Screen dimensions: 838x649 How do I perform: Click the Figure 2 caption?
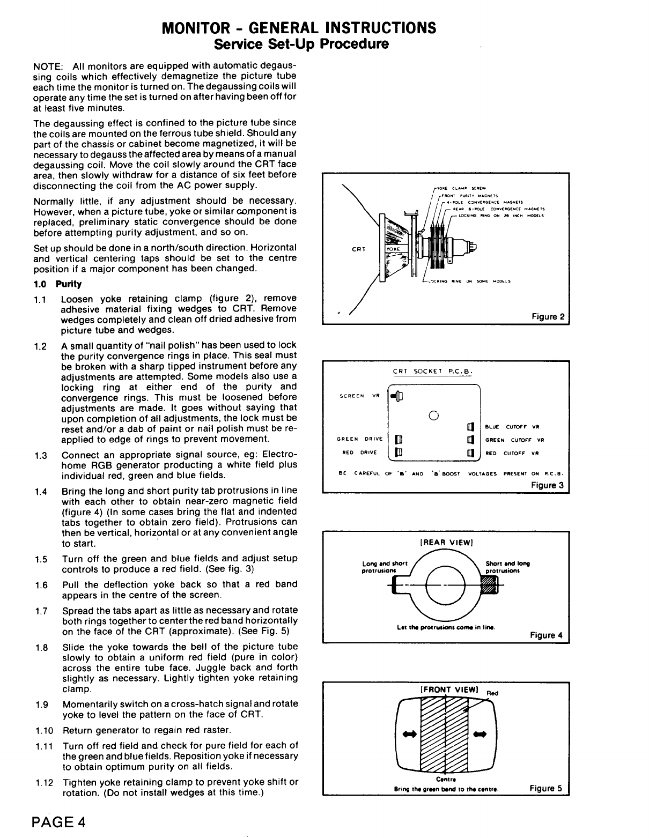coord(548,317)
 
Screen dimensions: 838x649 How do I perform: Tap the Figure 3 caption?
coord(547,485)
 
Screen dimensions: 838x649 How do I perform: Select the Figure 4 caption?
coord(546,635)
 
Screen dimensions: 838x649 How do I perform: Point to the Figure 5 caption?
coord(545,788)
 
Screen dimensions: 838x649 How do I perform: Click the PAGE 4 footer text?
coord(58,821)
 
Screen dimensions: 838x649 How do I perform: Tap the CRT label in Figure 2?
coord(358,249)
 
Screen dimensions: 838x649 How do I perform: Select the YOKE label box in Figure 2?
coord(394,249)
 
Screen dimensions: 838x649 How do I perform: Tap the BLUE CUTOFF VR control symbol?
coord(470,427)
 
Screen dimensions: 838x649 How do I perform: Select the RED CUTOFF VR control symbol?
coord(470,453)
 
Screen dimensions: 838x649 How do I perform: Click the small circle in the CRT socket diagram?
coord(434,414)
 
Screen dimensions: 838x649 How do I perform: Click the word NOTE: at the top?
coord(49,66)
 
